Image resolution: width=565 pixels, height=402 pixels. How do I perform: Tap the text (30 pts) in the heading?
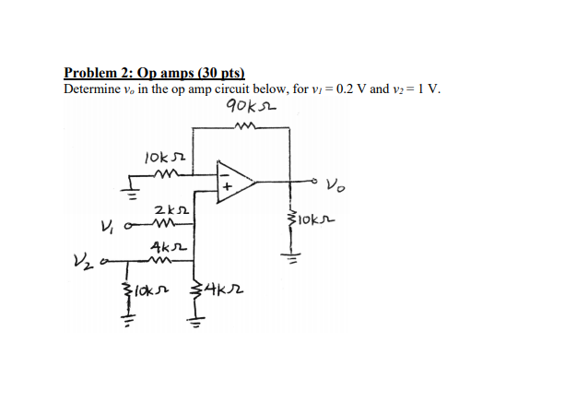(224, 73)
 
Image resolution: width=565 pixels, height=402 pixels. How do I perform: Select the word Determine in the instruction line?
(93, 89)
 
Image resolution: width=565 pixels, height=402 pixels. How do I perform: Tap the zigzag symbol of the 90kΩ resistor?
(248, 128)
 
